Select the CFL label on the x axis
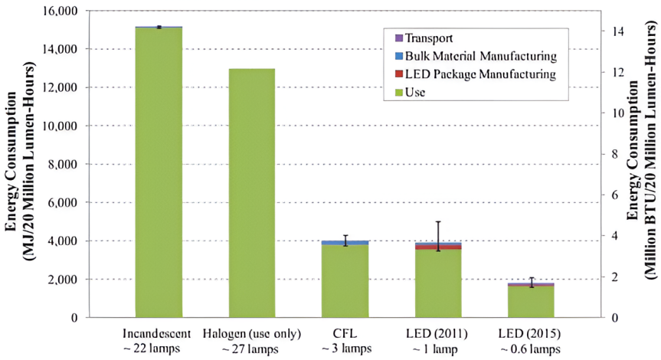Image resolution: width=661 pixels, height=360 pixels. click(x=345, y=335)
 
